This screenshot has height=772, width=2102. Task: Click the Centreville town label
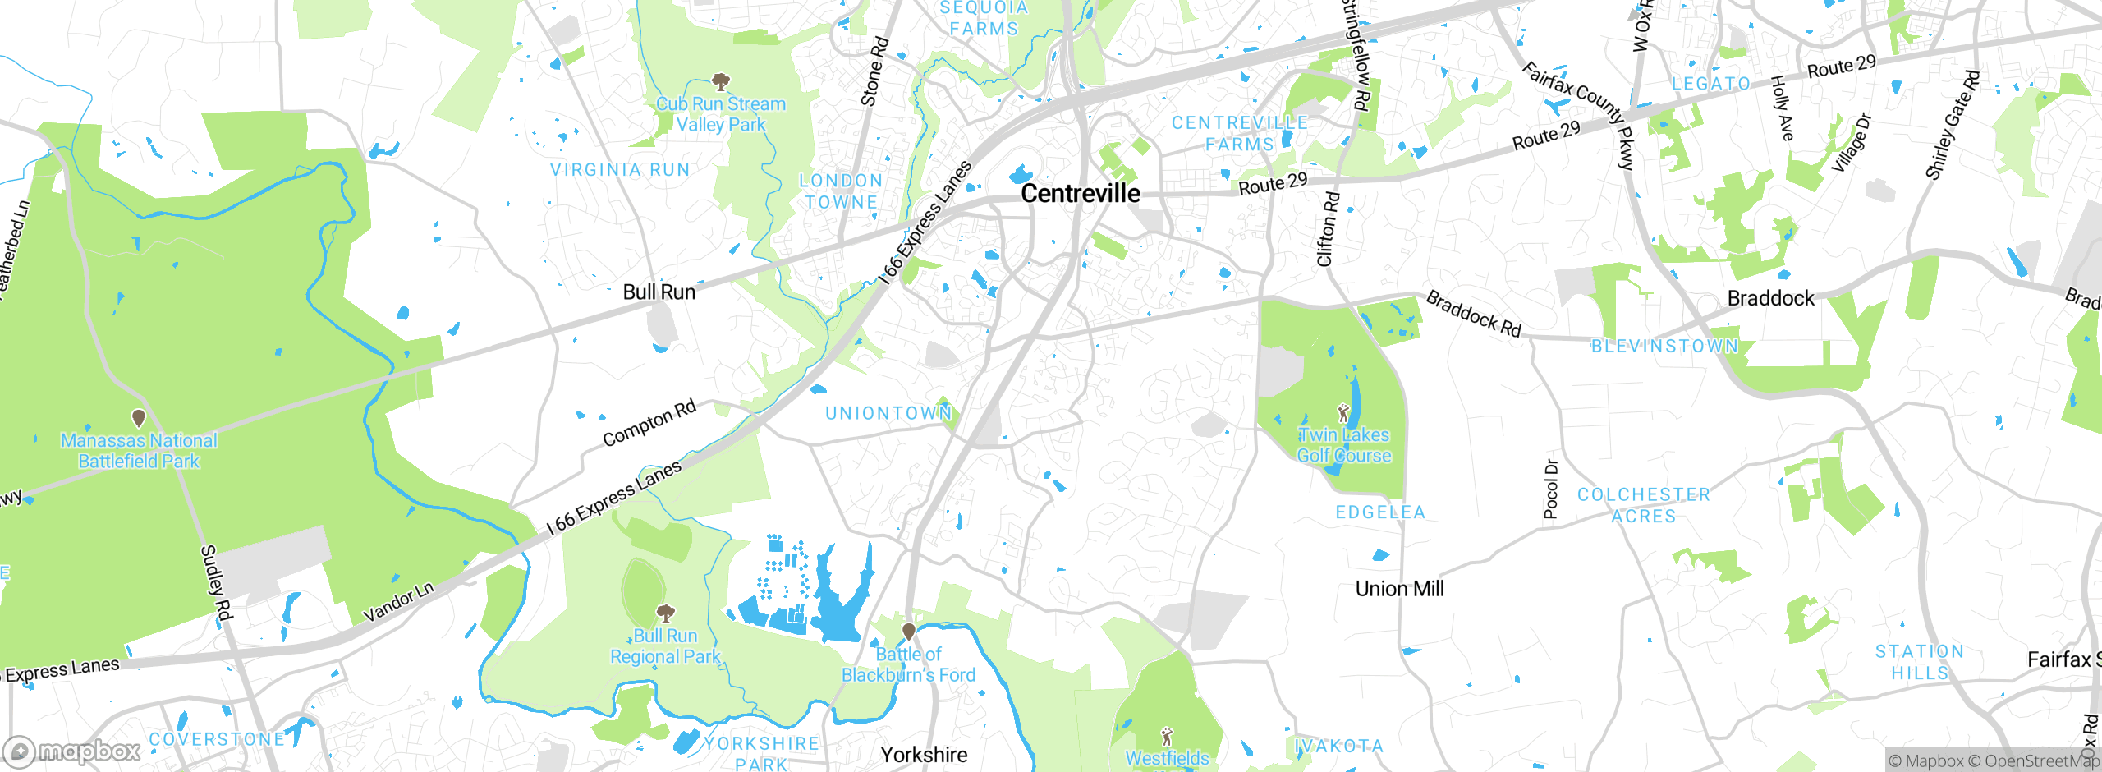1080,194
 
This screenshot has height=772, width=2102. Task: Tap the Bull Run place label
659,292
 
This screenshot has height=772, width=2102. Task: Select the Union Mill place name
1399,589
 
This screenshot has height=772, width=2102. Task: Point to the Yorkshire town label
924,755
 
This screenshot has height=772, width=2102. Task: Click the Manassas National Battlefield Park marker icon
139,419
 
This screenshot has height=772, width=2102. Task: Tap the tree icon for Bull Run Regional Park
665,613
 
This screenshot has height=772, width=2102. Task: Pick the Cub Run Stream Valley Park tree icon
721,81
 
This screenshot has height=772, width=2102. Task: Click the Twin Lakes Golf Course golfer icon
1343,412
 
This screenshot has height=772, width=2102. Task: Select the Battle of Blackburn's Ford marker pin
908,632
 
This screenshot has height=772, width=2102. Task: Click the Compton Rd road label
649,423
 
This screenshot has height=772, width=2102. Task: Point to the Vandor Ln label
398,602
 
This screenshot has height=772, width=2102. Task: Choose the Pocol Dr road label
1550,489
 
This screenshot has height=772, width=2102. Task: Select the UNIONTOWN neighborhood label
888,413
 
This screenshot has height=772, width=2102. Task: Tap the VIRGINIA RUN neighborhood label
620,170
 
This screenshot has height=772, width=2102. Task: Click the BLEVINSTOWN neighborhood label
1664,347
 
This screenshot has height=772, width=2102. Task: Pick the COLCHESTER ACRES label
1643,505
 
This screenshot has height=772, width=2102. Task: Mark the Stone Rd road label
874,71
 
